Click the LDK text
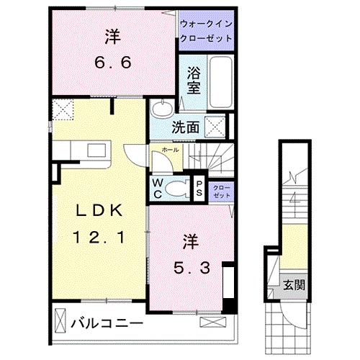[x=99, y=210]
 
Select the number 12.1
[x=99, y=236]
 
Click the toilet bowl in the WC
[x=174, y=189]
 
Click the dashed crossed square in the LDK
[x=62, y=111]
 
